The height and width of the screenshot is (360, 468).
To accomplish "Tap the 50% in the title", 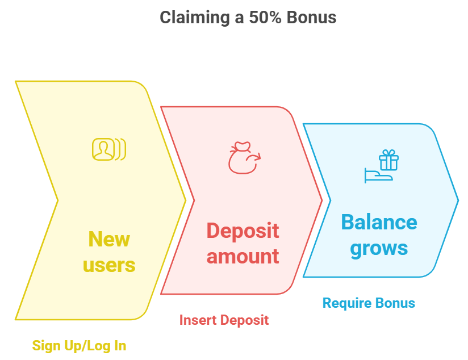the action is (265, 17).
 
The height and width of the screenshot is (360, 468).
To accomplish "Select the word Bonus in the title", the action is (311, 17).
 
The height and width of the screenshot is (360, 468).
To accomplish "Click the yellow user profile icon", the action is (109, 149).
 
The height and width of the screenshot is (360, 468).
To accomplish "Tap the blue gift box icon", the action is (388, 160).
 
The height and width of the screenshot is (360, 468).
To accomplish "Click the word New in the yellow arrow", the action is (109, 239).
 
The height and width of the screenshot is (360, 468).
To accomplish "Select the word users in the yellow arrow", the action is (109, 265).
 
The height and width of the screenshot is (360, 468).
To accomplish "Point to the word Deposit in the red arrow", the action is (243, 231).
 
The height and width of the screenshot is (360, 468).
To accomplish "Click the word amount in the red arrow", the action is (243, 257).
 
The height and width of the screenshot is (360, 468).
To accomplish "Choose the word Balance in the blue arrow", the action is (379, 223).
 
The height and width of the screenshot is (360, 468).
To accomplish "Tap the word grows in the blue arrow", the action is (379, 249).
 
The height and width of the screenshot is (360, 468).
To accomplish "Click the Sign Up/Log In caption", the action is (79, 346).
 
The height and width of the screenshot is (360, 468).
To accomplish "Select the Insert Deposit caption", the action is (224, 320).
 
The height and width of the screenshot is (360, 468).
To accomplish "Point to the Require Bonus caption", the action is (369, 303).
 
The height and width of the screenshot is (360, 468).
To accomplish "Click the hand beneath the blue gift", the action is (378, 176).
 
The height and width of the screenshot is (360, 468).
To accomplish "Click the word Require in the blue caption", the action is (347, 304).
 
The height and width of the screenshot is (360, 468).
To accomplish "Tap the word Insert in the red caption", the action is (198, 320).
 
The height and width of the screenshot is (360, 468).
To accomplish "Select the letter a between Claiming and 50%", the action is (239, 19).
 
